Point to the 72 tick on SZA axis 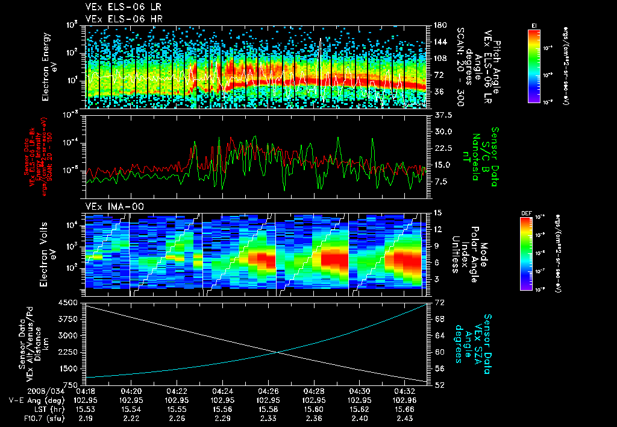point(439,301)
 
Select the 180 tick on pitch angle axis point(440,25)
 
